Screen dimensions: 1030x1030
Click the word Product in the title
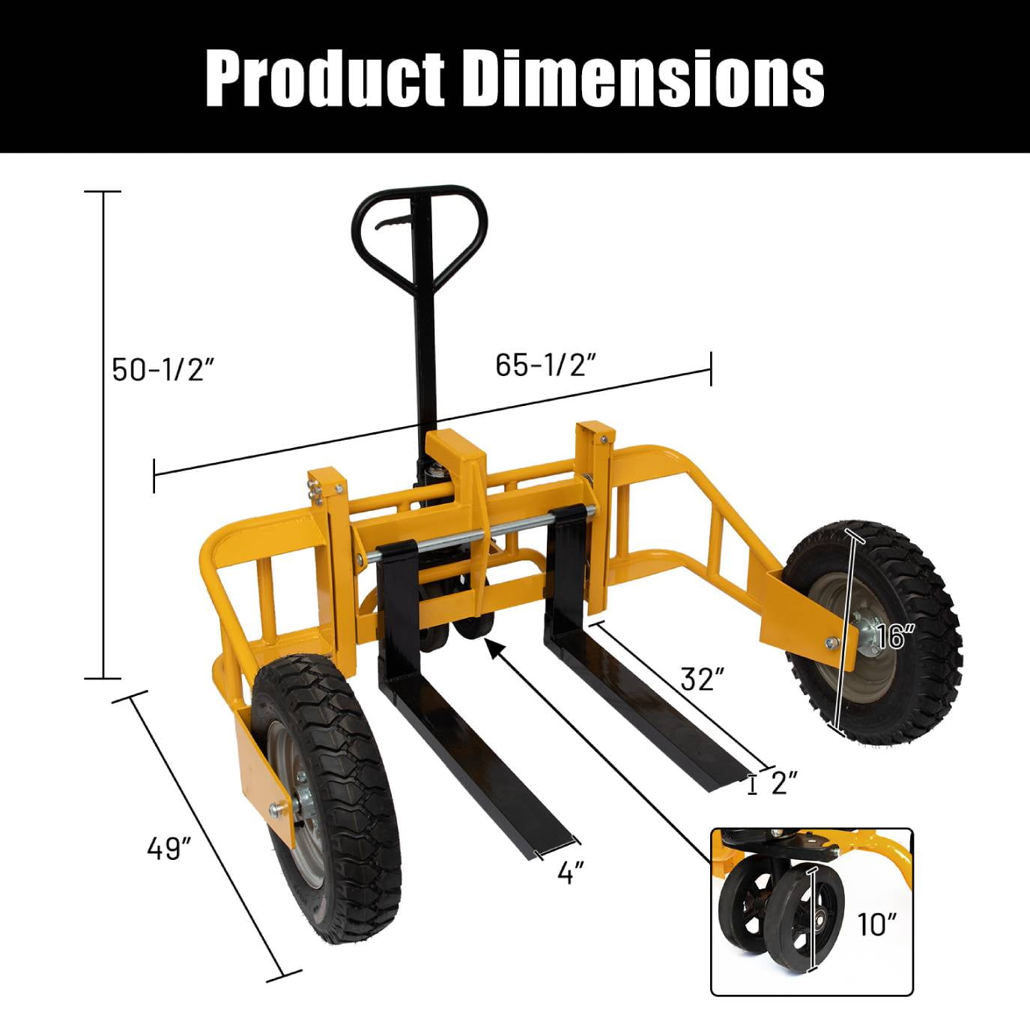point(325,79)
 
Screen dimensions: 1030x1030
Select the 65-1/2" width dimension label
point(545,365)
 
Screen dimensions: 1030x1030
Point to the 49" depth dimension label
point(169,847)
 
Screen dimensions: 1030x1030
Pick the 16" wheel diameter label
point(895,637)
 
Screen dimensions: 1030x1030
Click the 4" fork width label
point(570,873)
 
